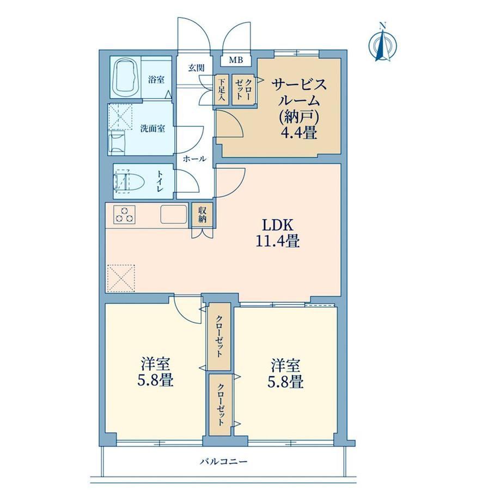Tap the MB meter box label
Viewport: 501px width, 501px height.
236,60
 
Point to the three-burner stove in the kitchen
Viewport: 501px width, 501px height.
124,215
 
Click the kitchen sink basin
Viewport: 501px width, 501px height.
174,214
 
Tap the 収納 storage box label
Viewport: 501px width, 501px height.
203,215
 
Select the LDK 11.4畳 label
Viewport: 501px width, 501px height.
278,233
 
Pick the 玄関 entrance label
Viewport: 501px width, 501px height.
196,68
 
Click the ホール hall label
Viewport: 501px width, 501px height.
195,159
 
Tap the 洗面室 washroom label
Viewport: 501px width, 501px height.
152,129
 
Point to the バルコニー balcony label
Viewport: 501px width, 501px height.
224,462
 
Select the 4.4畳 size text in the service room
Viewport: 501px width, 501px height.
299,132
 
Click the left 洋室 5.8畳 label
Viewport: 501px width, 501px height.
155,372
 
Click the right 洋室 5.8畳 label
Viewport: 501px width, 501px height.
285,374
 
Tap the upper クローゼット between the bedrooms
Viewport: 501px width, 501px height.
219,336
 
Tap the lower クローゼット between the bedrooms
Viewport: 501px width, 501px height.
221,405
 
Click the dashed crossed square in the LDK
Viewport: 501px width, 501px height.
121,278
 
